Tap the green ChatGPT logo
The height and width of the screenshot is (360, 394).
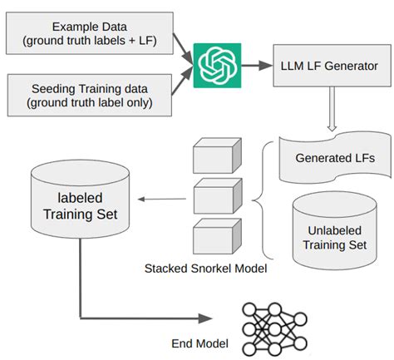click(218, 63)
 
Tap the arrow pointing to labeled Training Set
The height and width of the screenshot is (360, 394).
click(159, 199)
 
